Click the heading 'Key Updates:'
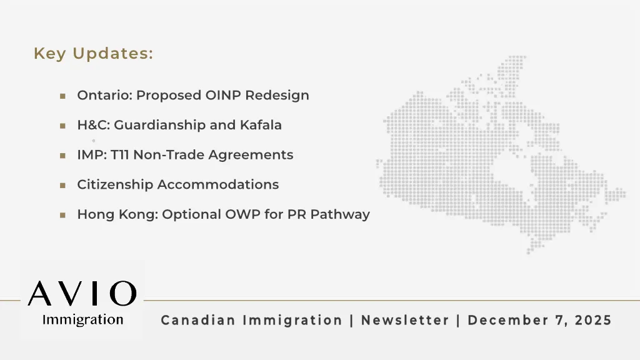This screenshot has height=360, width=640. pos(94,54)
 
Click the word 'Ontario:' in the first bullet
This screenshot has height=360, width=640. pos(105,95)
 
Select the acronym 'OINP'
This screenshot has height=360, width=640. pos(223,95)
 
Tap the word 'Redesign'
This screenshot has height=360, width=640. pos(277,96)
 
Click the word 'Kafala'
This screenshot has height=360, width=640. pos(261,125)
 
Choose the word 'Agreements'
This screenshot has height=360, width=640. pos(251,156)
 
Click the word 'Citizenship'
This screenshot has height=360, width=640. pos(115,185)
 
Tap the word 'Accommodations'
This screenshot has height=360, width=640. pos(218,184)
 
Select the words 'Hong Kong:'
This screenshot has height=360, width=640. pos(117,215)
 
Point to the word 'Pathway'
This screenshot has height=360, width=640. pos(340,215)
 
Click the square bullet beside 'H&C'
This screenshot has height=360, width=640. pos(62,126)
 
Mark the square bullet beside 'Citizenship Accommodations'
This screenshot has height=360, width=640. pos(62,185)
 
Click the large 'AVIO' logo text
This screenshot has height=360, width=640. pos(82,293)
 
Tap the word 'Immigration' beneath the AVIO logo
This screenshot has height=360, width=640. pos(83,320)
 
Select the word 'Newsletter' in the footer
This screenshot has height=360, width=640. pos(405,321)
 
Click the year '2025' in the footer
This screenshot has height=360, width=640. pos(593,321)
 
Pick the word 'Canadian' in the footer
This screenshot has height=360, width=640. pos(198,321)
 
